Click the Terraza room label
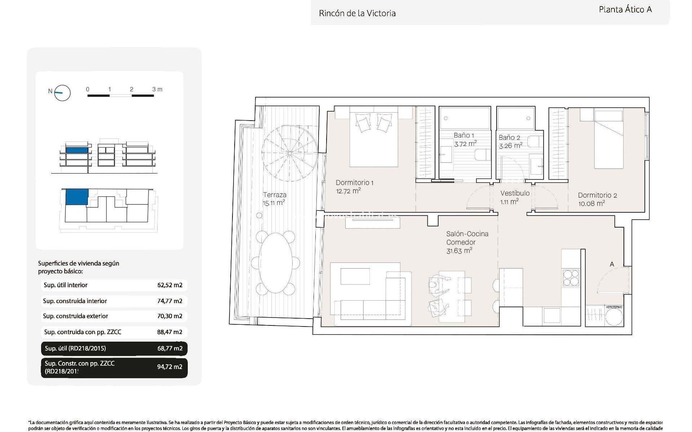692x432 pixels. coord(275,195)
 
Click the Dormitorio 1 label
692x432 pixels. coord(354,183)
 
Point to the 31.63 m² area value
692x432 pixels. coord(459,251)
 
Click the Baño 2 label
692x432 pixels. coord(509,138)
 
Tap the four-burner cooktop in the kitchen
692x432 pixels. coord(571,278)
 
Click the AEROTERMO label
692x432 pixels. coord(614,307)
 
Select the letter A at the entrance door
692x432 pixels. coord(612,264)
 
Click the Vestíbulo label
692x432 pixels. coord(515,193)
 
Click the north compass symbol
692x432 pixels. coord(62,93)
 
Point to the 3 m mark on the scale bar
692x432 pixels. coord(157,89)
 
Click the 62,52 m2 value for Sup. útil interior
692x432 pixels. coord(170,285)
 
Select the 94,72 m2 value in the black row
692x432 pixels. coord(170,367)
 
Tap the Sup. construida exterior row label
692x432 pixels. coord(75,316)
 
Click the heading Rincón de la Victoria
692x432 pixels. coord(357,13)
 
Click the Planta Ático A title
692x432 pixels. coord(625,10)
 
